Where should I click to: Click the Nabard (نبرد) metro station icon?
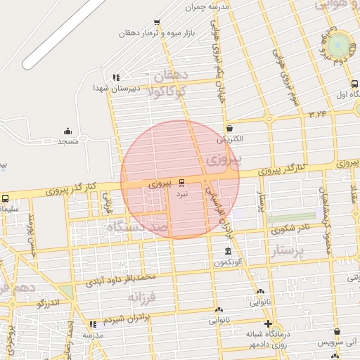point(181,182)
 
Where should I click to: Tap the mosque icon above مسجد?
point(67,131)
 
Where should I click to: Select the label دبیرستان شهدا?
point(117,89)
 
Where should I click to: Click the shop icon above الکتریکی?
point(231,128)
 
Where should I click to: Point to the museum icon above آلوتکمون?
point(227,252)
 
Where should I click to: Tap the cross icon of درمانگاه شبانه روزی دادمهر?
point(267,323)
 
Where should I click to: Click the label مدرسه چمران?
point(207,7)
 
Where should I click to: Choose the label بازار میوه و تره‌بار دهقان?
point(152,32)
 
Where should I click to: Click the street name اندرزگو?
point(52,303)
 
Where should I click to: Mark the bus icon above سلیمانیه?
point(5,198)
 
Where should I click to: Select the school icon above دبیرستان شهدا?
point(116,77)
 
